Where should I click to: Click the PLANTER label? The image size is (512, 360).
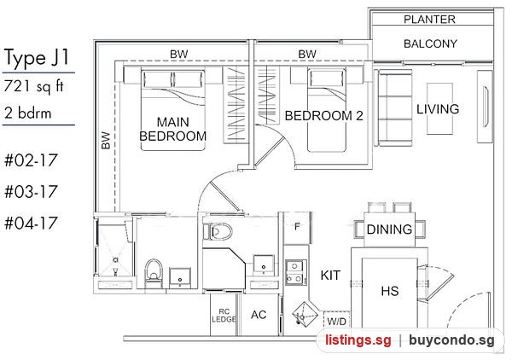click(429, 20)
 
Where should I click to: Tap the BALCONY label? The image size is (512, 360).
click(430, 44)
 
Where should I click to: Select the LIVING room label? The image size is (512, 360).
click(438, 109)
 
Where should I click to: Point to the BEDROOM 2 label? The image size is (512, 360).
click(323, 116)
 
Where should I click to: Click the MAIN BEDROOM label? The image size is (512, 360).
click(172, 129)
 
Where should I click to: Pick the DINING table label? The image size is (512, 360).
click(389, 229)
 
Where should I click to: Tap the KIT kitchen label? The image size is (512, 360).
click(330, 276)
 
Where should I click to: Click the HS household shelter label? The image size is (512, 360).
click(390, 291)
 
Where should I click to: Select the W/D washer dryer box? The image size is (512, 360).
click(337, 320)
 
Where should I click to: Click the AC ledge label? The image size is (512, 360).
click(259, 315)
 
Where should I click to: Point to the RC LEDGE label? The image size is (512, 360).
click(224, 316)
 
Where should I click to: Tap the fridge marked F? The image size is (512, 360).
click(297, 228)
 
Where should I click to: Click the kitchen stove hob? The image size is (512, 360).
click(296, 272)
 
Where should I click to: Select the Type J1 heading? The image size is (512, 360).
click(37, 57)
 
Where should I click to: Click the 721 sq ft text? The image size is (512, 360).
click(33, 86)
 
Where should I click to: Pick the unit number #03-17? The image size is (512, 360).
click(31, 192)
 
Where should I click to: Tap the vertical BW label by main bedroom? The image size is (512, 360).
click(106, 141)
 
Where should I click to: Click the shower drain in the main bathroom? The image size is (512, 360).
click(115, 260)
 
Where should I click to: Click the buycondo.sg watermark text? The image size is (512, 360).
click(451, 340)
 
